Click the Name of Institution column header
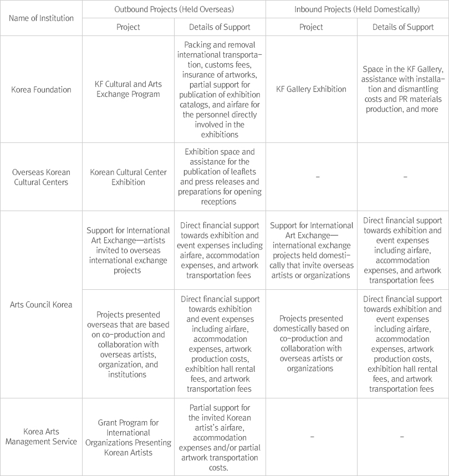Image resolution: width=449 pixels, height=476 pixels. click(42, 18)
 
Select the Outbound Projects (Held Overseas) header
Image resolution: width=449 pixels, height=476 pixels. click(174, 9)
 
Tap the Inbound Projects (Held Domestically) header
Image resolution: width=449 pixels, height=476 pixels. click(357, 9)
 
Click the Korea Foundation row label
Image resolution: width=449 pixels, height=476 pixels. click(42, 89)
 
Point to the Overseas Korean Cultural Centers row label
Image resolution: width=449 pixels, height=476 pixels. click(42, 176)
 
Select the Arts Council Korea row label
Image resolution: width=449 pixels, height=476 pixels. click(42, 304)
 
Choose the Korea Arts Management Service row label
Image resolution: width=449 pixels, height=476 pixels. click(42, 436)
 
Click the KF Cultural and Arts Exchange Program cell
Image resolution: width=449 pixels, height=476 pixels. click(128, 89)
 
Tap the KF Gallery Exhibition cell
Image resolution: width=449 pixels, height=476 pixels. click(311, 89)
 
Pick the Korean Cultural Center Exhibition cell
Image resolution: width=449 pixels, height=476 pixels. click(128, 176)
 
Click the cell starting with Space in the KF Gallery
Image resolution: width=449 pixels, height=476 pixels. click(403, 89)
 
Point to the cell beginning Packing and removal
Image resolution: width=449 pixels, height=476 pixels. click(220, 89)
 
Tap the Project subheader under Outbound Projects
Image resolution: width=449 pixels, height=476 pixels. click(128, 27)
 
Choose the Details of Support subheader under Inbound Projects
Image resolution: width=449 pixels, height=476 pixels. click(403, 27)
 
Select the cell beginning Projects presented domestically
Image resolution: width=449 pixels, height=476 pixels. click(311, 343)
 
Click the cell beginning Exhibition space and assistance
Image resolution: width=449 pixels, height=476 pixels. click(220, 176)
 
